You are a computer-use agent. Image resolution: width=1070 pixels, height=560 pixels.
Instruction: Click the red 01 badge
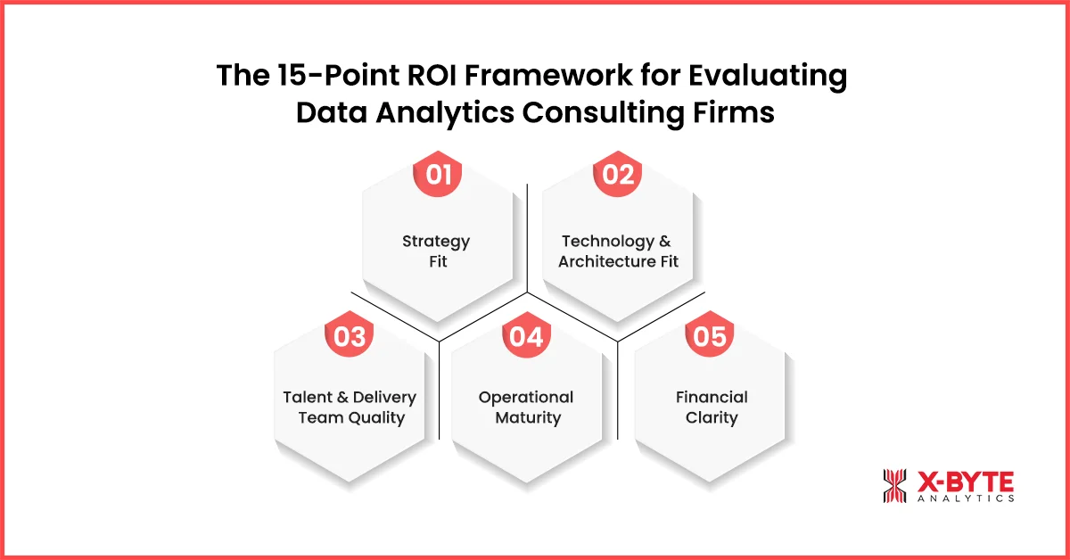tap(438, 174)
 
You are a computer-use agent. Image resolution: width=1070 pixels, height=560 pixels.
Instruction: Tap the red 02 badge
tap(617, 174)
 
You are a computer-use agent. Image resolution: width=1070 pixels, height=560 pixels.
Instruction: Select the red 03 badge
tap(350, 336)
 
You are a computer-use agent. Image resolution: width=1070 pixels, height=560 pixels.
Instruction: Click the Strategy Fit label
tap(436, 251)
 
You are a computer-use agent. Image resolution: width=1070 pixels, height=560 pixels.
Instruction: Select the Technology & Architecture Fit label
tap(618, 251)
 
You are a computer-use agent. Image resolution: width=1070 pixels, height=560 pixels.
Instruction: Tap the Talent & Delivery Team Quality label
tap(350, 408)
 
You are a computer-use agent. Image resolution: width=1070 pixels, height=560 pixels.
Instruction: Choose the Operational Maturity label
tap(526, 408)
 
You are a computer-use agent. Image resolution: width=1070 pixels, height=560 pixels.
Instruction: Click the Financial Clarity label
tap(711, 408)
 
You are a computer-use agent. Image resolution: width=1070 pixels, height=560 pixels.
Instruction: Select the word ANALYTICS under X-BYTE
tap(965, 499)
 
